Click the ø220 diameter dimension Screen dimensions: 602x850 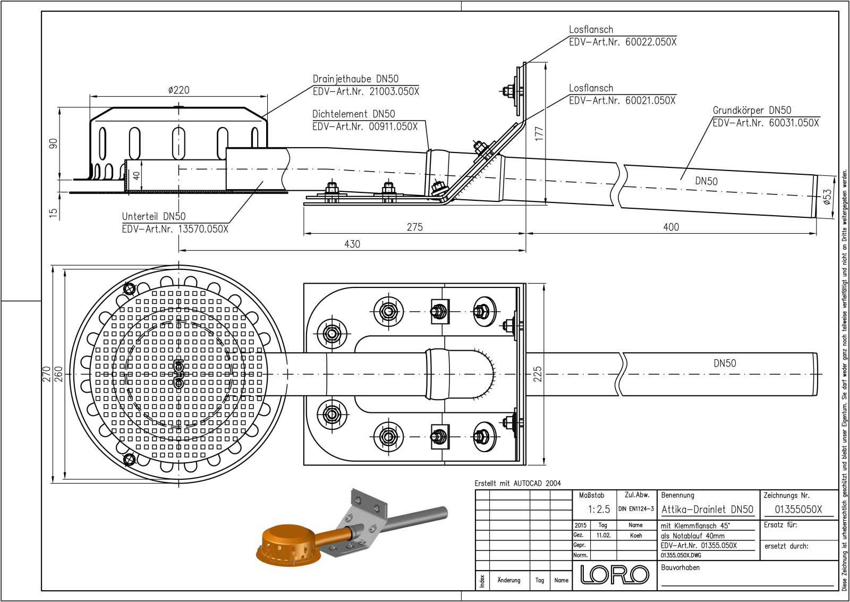[178, 90]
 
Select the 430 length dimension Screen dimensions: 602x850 [352, 244]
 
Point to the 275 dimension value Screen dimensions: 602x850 [414, 227]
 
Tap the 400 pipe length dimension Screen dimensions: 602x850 [671, 227]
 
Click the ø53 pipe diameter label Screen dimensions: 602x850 [827, 197]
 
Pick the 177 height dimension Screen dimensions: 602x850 [539, 133]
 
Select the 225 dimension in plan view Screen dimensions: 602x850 [538, 374]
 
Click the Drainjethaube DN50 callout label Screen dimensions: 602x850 [355, 79]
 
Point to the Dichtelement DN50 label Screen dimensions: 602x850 [353, 114]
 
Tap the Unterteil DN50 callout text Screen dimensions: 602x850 [154, 216]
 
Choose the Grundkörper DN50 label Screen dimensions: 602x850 [752, 110]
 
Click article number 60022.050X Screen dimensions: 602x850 [651, 42]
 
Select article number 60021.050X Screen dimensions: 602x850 [650, 100]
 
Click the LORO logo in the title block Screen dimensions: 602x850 [615, 574]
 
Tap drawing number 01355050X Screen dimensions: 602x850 [798, 509]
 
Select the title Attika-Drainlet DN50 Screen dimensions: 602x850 [707, 509]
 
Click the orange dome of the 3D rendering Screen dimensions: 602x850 [286, 537]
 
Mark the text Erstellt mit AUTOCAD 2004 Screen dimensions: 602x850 [517, 483]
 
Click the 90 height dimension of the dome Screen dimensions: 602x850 [53, 143]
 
